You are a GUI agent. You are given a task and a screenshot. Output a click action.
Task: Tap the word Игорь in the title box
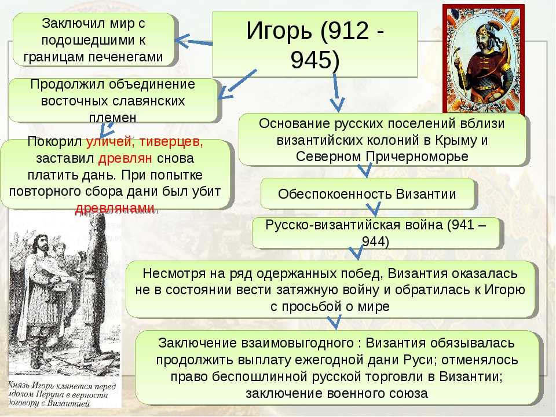click(279, 31)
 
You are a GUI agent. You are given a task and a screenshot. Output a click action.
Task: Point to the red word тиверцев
click(171, 141)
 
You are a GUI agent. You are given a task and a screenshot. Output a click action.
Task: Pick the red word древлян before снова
click(125, 158)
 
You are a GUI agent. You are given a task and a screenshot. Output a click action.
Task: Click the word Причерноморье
click(417, 157)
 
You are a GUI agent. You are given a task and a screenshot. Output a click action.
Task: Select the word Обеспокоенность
click(335, 195)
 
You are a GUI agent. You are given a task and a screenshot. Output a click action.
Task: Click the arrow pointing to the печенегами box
click(194, 42)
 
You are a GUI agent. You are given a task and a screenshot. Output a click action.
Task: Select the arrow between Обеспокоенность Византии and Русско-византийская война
click(374, 209)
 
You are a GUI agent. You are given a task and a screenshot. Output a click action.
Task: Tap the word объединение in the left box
click(152, 85)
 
